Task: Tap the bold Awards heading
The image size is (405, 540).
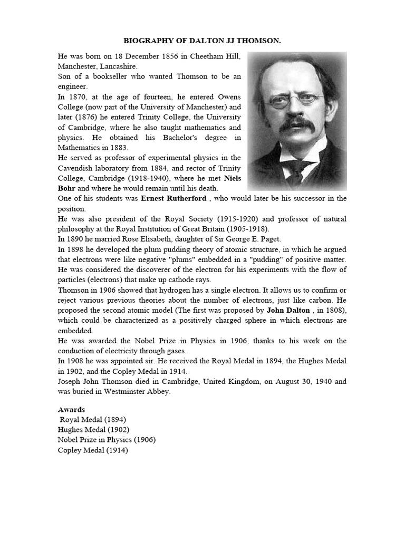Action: click(x=71, y=409)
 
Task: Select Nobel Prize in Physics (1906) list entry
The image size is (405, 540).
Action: click(x=107, y=440)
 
